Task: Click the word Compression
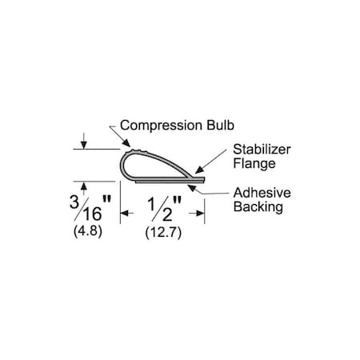pyautogui.click(x=161, y=126)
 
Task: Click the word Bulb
pyautogui.click(x=220, y=125)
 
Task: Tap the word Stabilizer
pyautogui.click(x=262, y=150)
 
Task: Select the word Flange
pyautogui.click(x=254, y=164)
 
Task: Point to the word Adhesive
pyautogui.click(x=262, y=193)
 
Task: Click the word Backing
pyautogui.click(x=258, y=207)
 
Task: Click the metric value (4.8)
pyautogui.click(x=88, y=231)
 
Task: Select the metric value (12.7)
pyautogui.click(x=163, y=233)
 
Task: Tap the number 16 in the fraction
pyautogui.click(x=93, y=214)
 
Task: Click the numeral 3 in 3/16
pyautogui.click(x=74, y=202)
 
